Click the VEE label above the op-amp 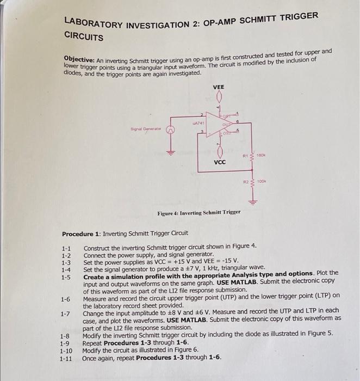pyautogui.click(x=218, y=87)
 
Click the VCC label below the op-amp pyautogui.click(x=220, y=162)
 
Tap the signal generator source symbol pyautogui.click(x=169, y=131)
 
